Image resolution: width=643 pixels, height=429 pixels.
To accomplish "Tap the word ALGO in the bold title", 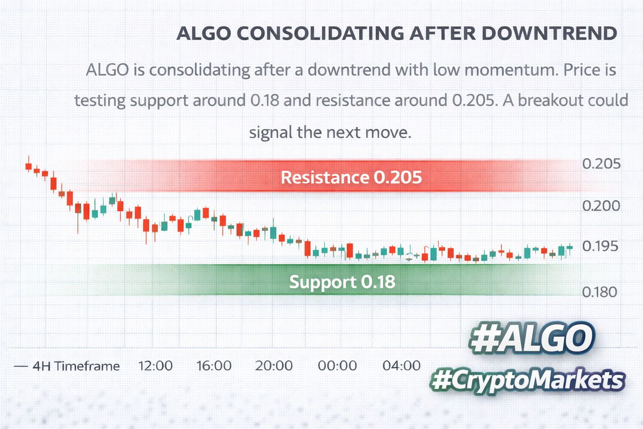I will point(203,34).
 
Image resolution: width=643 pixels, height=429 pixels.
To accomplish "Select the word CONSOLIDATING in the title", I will point(320,34).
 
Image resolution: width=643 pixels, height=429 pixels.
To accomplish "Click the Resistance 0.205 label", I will point(351,177).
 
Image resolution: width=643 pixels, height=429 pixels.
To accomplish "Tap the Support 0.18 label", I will point(342,282).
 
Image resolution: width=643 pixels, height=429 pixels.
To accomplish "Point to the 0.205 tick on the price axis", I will point(601,164).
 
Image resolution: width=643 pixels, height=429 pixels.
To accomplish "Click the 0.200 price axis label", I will point(601,206).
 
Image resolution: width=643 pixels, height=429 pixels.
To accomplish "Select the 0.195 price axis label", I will point(600,246).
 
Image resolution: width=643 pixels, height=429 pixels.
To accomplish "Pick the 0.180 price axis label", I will point(599,292).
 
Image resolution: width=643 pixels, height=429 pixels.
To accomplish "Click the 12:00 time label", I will point(155,366).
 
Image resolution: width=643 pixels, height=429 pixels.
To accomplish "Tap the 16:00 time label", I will point(214,366).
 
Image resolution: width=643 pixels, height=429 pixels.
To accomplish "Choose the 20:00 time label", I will point(274,366).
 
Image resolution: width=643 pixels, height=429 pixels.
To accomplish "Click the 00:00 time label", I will point(337,366).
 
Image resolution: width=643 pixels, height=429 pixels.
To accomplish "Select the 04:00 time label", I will point(401,366).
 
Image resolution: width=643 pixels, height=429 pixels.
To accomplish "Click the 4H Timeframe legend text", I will point(76,366).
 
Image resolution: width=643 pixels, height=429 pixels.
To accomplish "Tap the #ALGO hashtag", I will point(532,338).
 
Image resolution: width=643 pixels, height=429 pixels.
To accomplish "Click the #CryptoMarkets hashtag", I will point(527,380).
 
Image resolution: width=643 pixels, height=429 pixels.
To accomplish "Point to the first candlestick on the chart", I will point(28,166).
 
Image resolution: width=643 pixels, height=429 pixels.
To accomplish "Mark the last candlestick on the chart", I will point(569,248).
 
